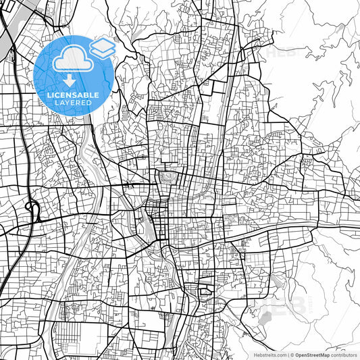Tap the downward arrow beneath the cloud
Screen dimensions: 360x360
coord(70,80)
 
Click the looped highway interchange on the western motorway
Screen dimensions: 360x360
coord(30,207)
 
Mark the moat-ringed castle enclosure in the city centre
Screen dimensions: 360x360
coord(167,178)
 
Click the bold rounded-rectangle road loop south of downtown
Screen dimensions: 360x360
coord(203,292)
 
